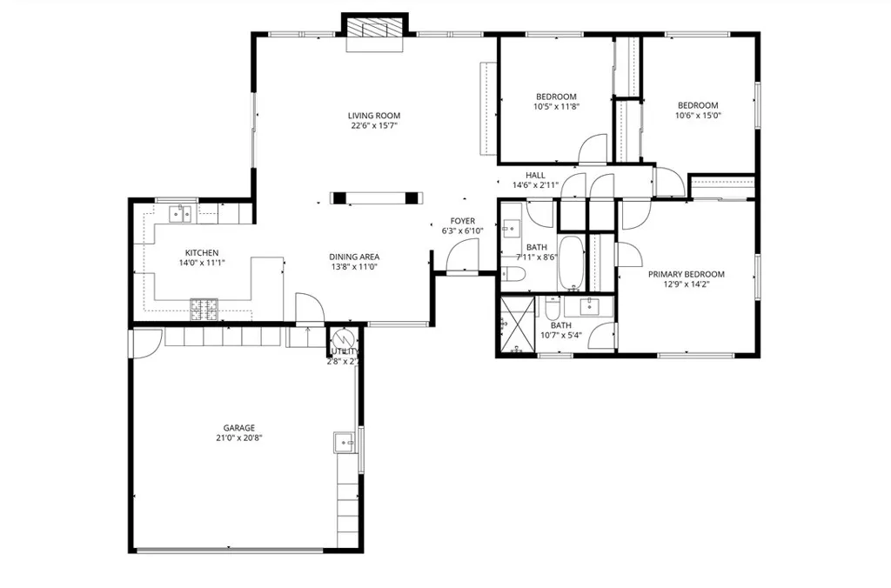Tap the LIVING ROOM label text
[374, 115]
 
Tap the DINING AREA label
[354, 257]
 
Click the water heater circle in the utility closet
[342, 338]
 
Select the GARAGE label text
[238, 427]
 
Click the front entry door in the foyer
[461, 257]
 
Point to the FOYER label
[462, 221]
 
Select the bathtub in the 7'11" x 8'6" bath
[572, 263]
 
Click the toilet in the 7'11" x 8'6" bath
[512, 276]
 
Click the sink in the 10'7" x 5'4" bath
[591, 305]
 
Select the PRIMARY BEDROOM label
[686, 274]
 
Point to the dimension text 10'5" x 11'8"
[556, 106]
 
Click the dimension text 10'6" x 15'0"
[698, 115]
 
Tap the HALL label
[535, 175]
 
